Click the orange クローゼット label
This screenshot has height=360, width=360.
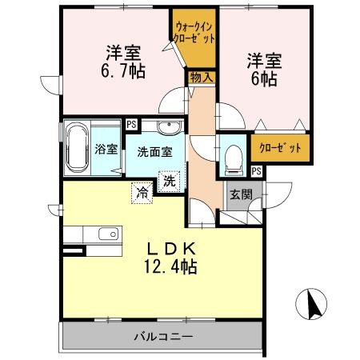pos(281,148)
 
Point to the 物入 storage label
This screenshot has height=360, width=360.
pos(200,77)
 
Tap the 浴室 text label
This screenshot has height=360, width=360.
pos(106,149)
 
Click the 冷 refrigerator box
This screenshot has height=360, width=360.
pos(142,192)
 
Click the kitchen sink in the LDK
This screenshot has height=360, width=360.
pos(105,234)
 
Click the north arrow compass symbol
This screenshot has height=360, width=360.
pos(312,304)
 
